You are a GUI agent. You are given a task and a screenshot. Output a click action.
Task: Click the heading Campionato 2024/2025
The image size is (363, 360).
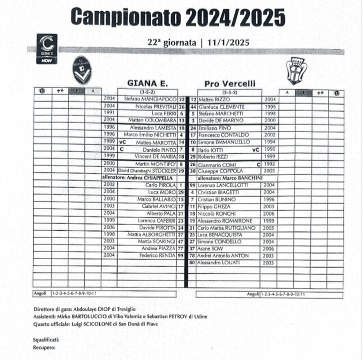pos(178,18)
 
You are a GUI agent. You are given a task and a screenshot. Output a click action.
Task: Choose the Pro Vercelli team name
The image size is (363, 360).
pos(230,84)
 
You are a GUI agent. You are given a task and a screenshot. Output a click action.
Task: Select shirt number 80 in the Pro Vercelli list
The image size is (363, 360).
pos(192,263)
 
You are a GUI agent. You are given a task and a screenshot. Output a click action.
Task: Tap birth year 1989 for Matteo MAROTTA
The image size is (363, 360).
pos(109,142)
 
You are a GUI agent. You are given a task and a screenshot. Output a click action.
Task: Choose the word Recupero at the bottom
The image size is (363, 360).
pos(44,347)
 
